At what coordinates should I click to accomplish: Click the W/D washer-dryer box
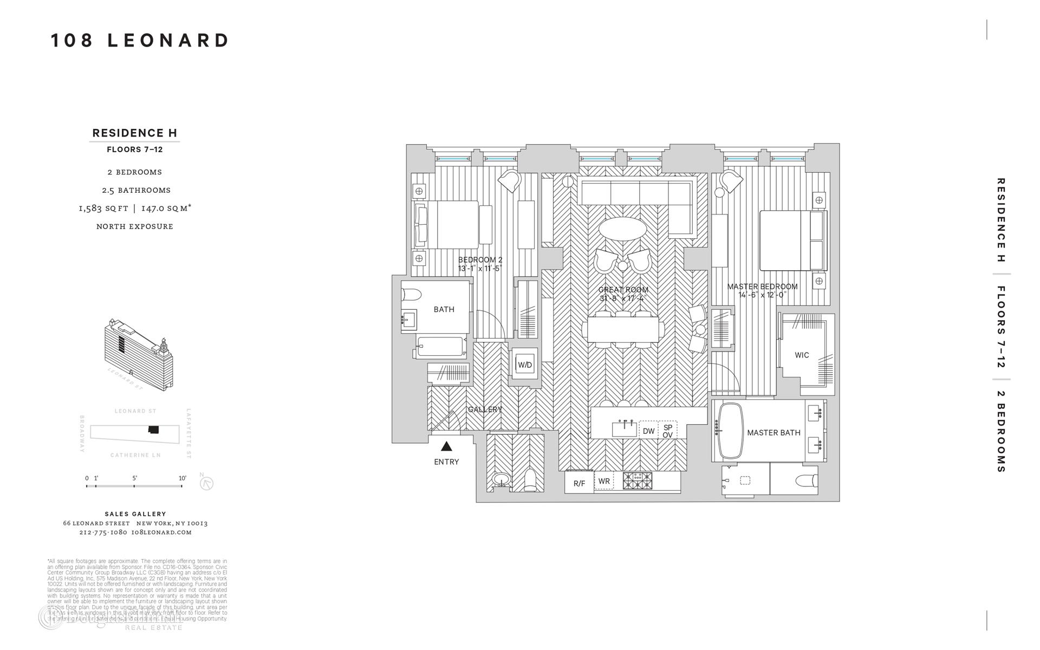tap(524, 365)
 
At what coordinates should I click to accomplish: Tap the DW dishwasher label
tap(648, 431)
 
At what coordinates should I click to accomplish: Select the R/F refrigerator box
tap(579, 483)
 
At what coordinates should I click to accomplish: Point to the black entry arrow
tap(446, 446)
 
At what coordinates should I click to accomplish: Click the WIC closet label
tap(802, 355)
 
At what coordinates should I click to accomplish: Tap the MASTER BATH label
tap(773, 433)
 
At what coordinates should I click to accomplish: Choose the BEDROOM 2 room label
tap(480, 260)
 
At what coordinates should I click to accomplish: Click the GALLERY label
tap(485, 409)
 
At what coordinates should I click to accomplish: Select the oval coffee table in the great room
tap(622, 229)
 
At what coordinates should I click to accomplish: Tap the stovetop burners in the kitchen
tap(638, 480)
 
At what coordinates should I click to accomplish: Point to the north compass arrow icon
tap(206, 483)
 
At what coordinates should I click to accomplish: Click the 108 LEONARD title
tap(140, 41)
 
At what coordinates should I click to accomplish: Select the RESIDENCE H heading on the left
tap(135, 133)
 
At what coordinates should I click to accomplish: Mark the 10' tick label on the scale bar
tap(182, 478)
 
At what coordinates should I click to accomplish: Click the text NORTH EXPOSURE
tap(135, 226)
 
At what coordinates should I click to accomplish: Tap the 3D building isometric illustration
tap(140, 355)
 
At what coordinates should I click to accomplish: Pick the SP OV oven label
tap(667, 431)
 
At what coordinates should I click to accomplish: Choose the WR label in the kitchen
tap(604, 481)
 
